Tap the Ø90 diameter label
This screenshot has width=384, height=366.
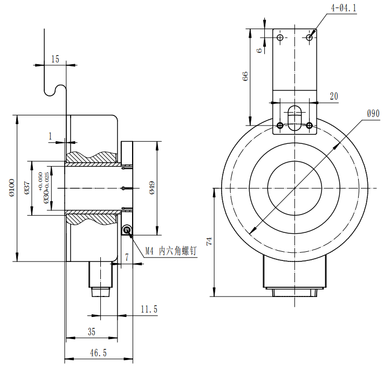click(373, 113)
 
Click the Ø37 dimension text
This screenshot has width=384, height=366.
click(26, 187)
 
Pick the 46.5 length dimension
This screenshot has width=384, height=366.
click(98, 353)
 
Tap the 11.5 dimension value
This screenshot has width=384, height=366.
click(148, 309)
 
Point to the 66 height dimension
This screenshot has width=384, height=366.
click(245, 76)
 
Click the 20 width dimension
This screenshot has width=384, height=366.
click(334, 96)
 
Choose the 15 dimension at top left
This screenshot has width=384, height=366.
click(55, 59)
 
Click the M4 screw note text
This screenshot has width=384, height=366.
click(172, 251)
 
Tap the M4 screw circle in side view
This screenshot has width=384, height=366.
click(127, 231)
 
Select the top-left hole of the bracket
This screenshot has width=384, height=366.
click(280, 37)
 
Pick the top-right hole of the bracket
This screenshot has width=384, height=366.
click(309, 37)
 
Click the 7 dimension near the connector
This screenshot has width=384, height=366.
click(127, 258)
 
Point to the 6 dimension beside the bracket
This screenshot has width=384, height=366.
click(259, 50)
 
